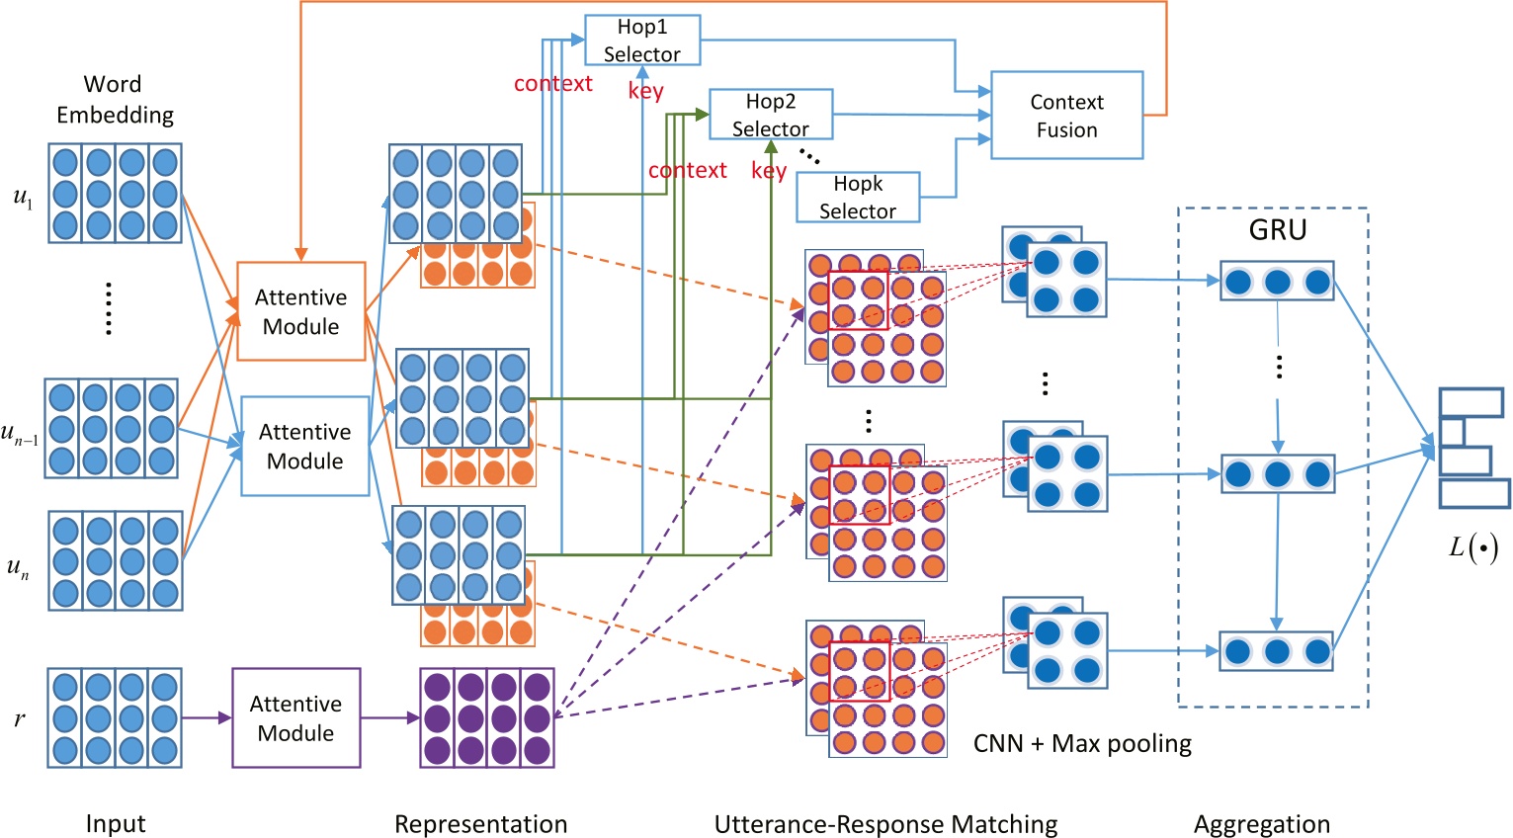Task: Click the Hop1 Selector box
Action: pyautogui.click(x=642, y=41)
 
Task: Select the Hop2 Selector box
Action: pyautogui.click(x=771, y=115)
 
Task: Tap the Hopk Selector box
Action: pyautogui.click(x=858, y=197)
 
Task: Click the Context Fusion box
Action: pyautogui.click(x=1066, y=116)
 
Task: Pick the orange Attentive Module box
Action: pyautogui.click(x=301, y=311)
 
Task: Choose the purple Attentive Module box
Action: pyautogui.click(x=295, y=718)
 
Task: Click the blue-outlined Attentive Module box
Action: pyautogui.click(x=304, y=446)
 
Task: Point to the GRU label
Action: pyautogui.click(x=1277, y=230)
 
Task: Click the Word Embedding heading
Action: pyautogui.click(x=115, y=100)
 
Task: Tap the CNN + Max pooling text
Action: pyautogui.click(x=1082, y=744)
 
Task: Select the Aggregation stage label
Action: pyautogui.click(x=1261, y=824)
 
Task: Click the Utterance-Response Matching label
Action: pyautogui.click(x=885, y=824)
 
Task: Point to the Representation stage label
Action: pyautogui.click(x=480, y=824)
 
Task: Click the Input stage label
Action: pyautogui.click(x=116, y=824)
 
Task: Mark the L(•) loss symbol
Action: pyautogui.click(x=1472, y=547)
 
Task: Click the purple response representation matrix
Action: pyautogui.click(x=487, y=718)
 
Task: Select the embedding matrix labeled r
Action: pyautogui.click(x=115, y=718)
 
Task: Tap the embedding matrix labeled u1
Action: pyautogui.click(x=116, y=194)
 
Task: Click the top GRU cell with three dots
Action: pyautogui.click(x=1277, y=282)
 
